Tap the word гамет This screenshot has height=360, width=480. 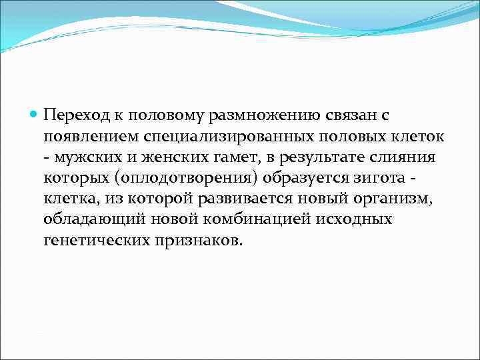coord(219,158)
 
